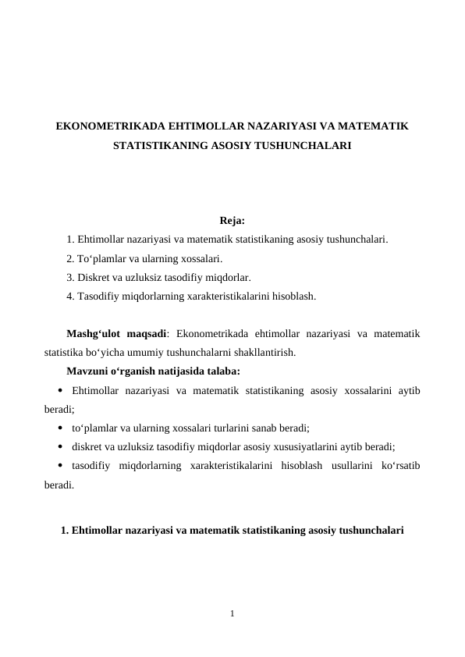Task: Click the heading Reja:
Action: [232, 221]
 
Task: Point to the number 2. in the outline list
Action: [71, 258]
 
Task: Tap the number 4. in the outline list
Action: [71, 296]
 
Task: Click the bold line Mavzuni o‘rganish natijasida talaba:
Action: [154, 371]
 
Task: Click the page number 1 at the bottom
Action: [232, 613]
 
